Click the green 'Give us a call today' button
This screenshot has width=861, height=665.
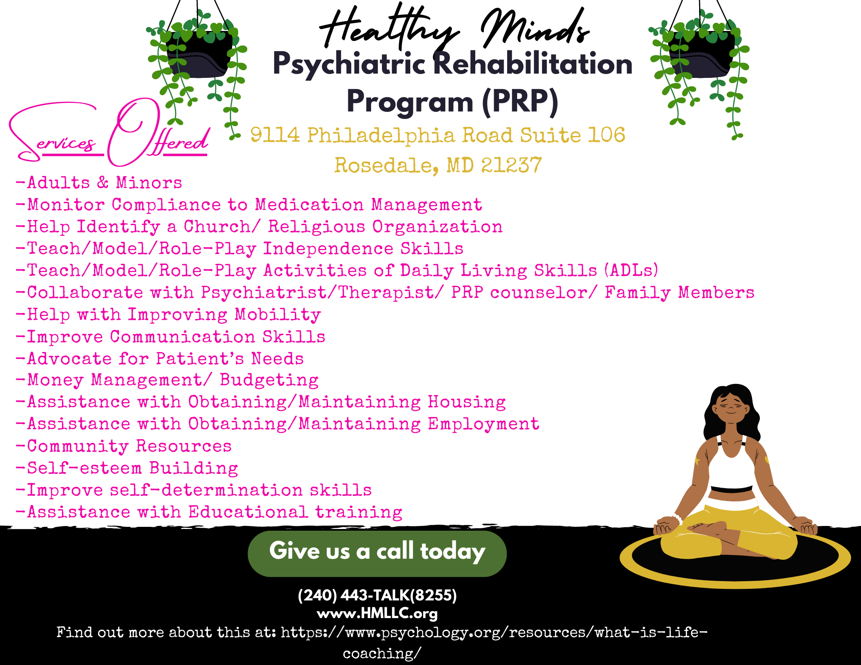tap(377, 553)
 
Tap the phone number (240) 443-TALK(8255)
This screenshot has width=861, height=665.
tap(377, 595)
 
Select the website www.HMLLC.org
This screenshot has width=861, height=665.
tap(377, 613)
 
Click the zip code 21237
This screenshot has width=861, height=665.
tap(511, 165)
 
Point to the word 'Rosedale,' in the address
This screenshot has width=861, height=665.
tap(387, 165)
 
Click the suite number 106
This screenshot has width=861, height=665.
tap(607, 135)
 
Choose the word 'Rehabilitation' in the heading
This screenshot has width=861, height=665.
tap(533, 64)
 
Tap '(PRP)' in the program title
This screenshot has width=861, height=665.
tap(520, 102)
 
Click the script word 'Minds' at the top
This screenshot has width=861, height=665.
tap(534, 28)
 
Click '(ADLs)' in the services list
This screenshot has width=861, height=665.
tap(632, 270)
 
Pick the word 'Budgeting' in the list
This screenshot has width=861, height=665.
tap(269, 380)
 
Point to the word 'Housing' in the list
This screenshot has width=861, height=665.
tap(467, 402)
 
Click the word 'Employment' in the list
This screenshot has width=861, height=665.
tap(483, 424)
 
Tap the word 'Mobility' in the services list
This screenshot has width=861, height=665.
tap(278, 315)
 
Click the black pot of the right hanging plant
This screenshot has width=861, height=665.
tap(702, 56)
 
